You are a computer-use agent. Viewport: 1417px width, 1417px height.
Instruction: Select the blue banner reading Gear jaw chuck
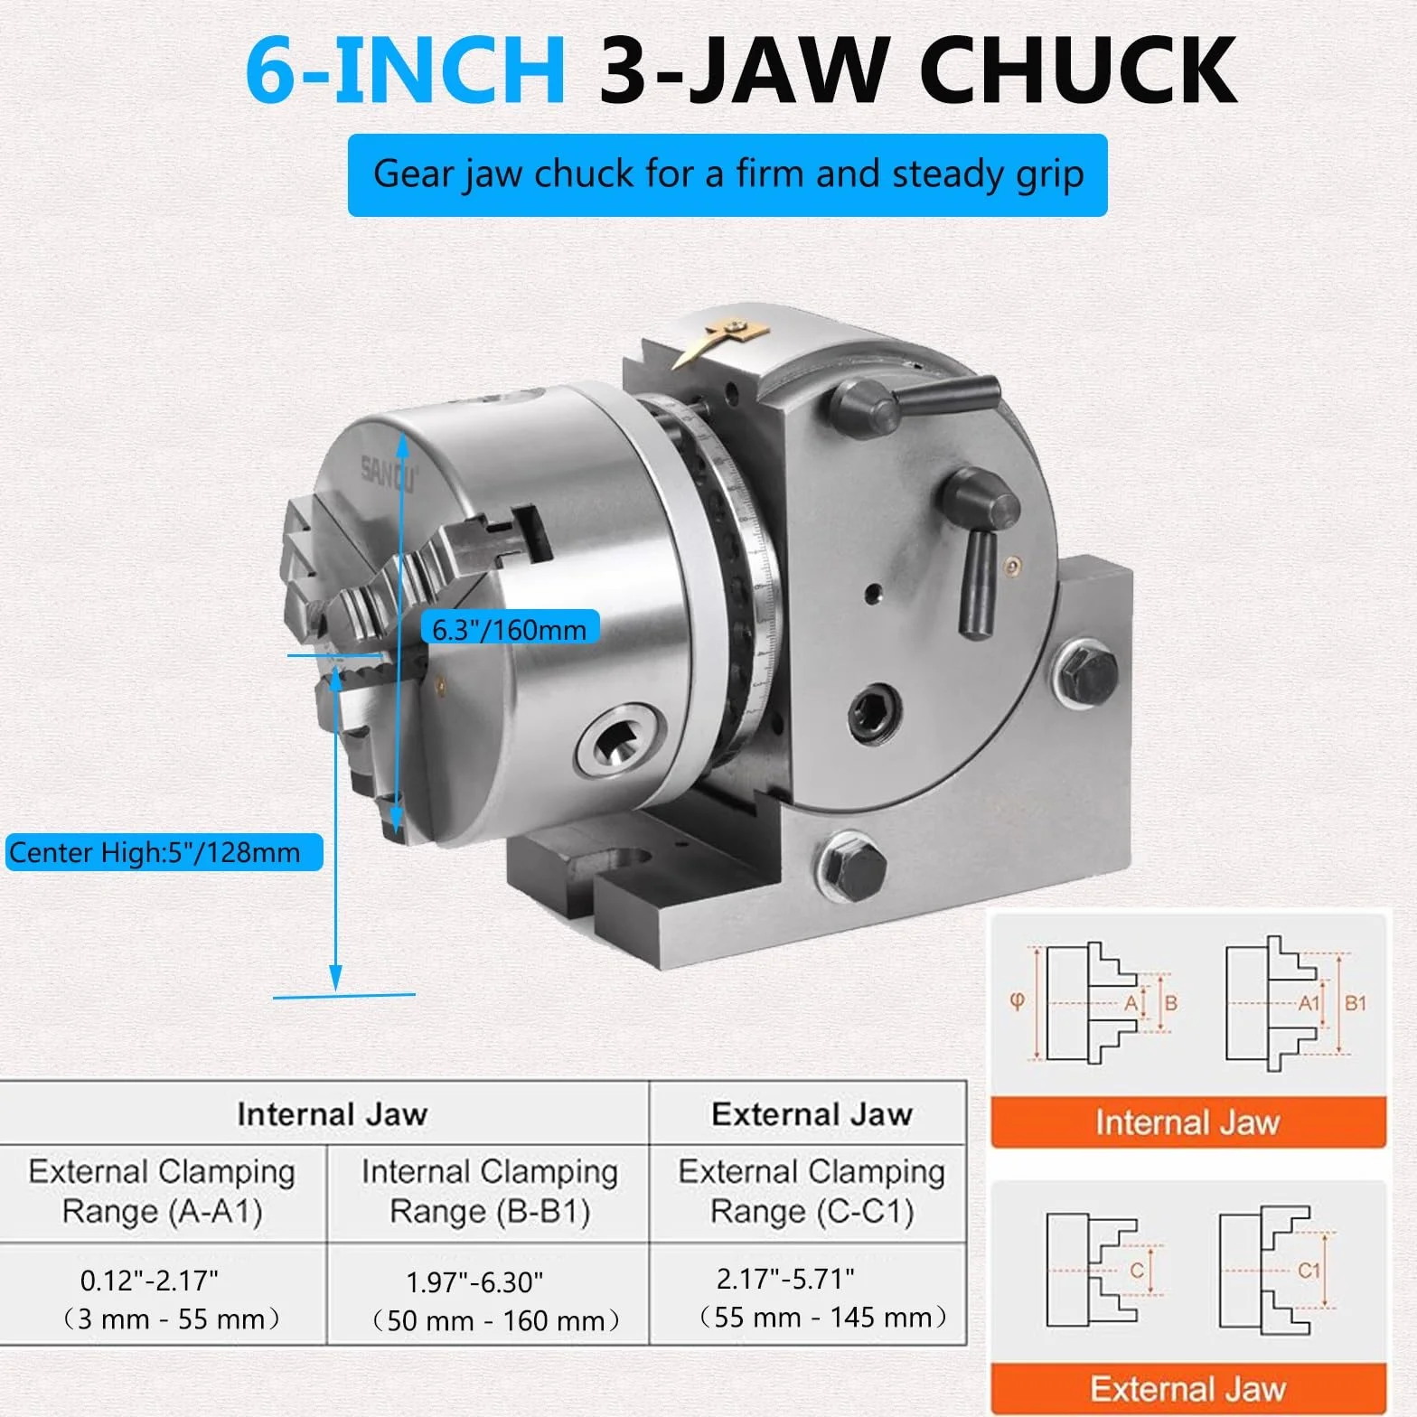click(727, 174)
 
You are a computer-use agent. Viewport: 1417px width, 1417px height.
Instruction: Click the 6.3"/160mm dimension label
click(510, 629)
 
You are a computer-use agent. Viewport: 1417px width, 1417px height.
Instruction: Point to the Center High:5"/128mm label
click(164, 852)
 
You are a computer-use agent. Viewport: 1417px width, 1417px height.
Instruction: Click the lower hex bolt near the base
click(852, 866)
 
